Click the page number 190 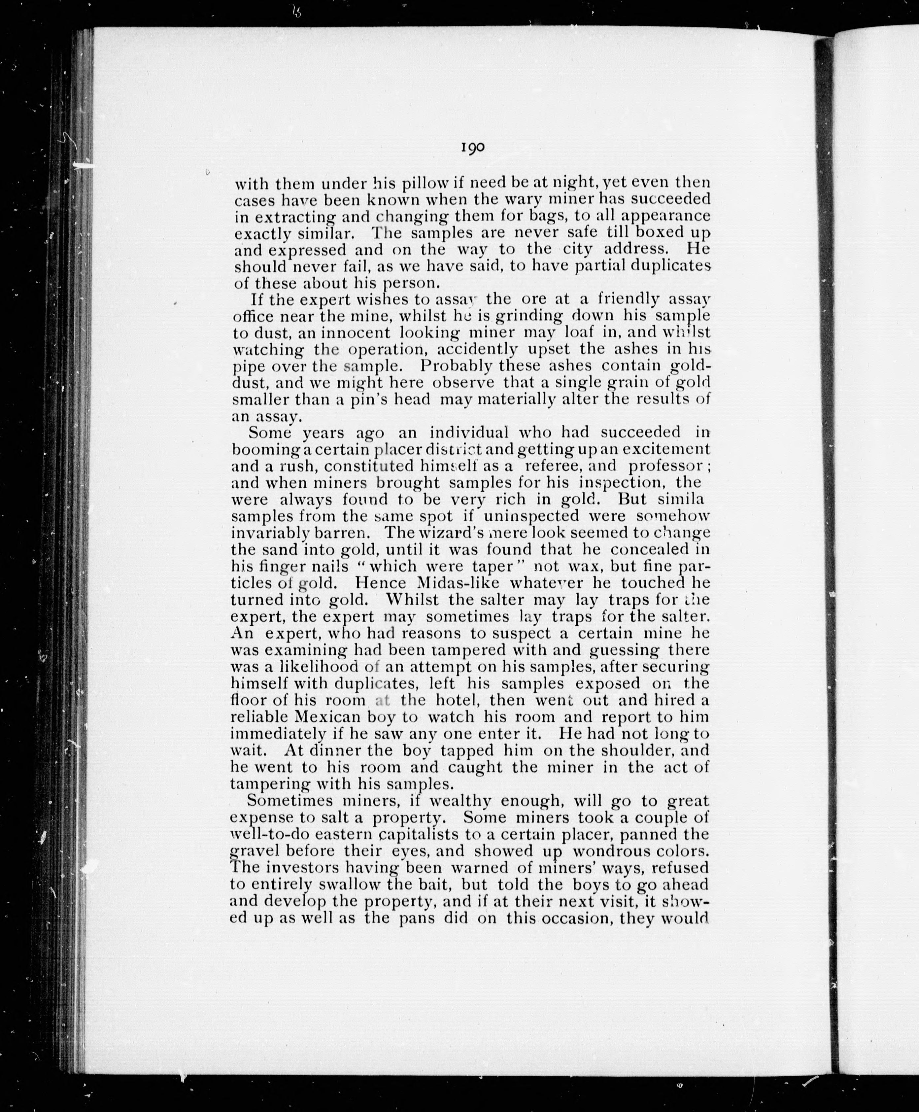coord(473,147)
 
